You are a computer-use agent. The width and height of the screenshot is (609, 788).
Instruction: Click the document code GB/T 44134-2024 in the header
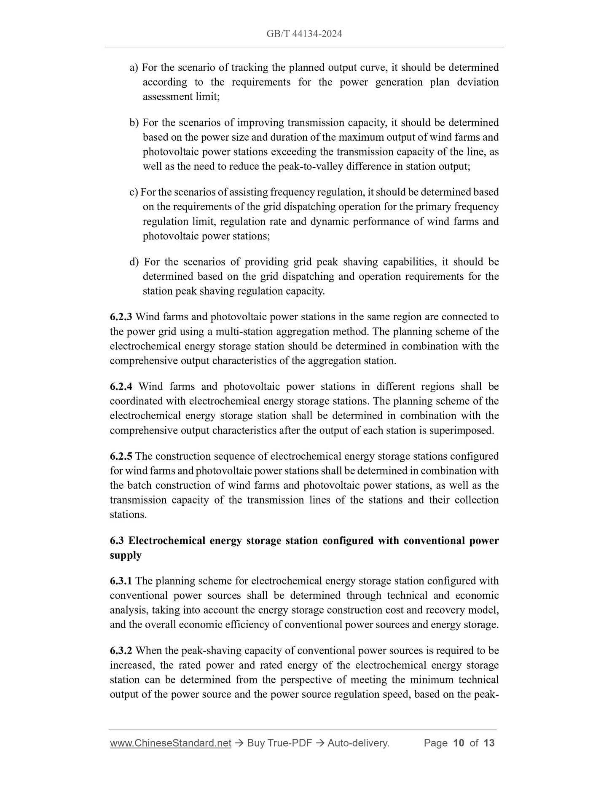click(x=304, y=34)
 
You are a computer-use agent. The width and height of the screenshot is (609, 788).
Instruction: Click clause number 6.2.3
click(x=121, y=317)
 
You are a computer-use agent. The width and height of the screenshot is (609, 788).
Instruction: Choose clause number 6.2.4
click(x=121, y=386)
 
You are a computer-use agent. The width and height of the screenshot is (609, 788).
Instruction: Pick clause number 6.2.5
click(x=121, y=456)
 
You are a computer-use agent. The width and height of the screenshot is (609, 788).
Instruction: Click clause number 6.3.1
click(x=121, y=581)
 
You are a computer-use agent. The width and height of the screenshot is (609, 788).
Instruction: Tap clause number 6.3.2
click(x=121, y=651)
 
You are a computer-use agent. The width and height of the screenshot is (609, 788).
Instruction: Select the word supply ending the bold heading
click(x=126, y=555)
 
